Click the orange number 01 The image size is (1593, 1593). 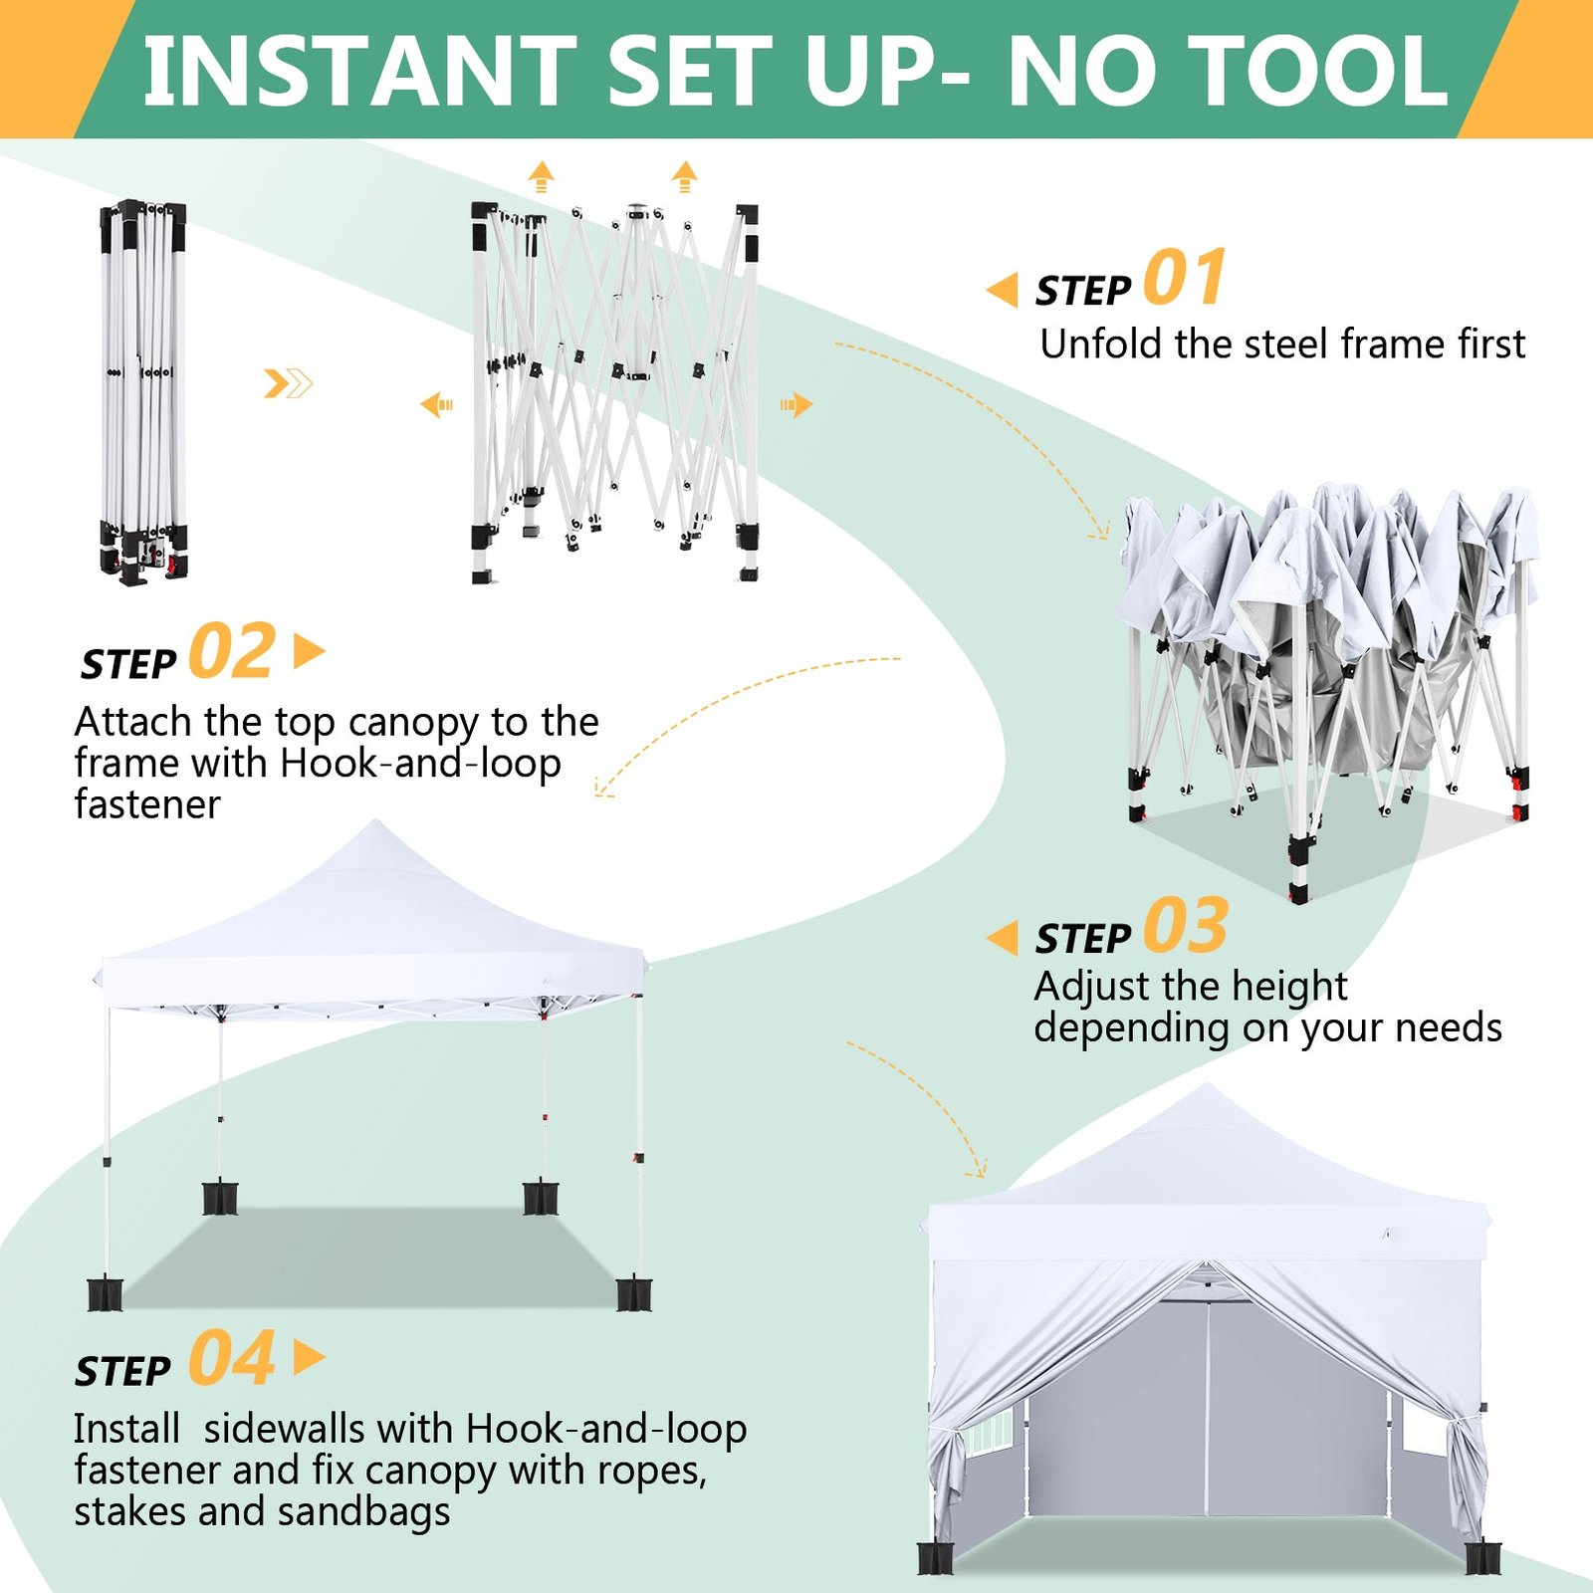point(1185,278)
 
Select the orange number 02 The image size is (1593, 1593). point(232,651)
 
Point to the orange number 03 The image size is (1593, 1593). point(1186,926)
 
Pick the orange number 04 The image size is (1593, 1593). point(232,1358)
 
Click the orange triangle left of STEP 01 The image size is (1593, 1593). point(1003,290)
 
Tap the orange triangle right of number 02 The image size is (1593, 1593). point(310,652)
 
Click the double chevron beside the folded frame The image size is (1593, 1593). point(288,383)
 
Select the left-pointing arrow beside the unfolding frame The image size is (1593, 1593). point(437,405)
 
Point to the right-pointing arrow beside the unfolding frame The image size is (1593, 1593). point(796,404)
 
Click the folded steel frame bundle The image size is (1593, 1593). point(142,392)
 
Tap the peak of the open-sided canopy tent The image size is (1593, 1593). point(374,822)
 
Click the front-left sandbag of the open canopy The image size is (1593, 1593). point(105,1293)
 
